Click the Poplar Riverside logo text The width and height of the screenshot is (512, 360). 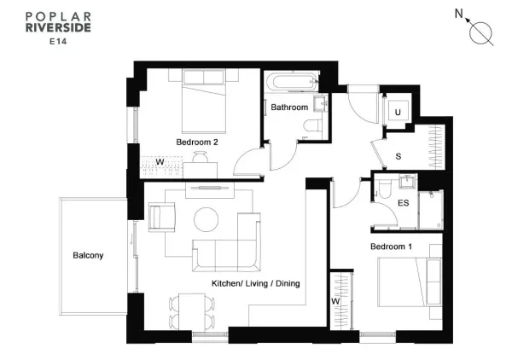click(58, 22)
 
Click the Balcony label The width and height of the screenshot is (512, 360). click(88, 256)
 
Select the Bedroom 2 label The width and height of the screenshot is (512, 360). click(197, 142)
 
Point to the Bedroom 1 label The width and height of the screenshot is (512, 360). click(391, 247)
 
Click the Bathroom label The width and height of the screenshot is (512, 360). click(289, 107)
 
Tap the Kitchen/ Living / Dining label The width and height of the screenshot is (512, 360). click(256, 283)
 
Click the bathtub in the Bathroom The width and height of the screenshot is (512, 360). click(292, 82)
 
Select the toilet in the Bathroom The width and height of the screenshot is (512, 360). click(313, 125)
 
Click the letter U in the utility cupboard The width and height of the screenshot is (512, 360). click(398, 113)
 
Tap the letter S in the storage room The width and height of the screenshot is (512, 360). click(399, 156)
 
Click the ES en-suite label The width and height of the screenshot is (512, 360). click(404, 203)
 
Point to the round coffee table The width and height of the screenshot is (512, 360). click(206, 219)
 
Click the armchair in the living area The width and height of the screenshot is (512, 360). click(162, 217)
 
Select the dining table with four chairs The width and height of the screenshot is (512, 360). click(192, 312)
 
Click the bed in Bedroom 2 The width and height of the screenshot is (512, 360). click(204, 102)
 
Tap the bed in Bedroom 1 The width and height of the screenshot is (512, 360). click(410, 282)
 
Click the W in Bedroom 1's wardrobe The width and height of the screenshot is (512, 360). click(335, 301)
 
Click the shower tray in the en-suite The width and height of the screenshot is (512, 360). click(431, 210)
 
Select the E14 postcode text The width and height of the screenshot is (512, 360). click(58, 42)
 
